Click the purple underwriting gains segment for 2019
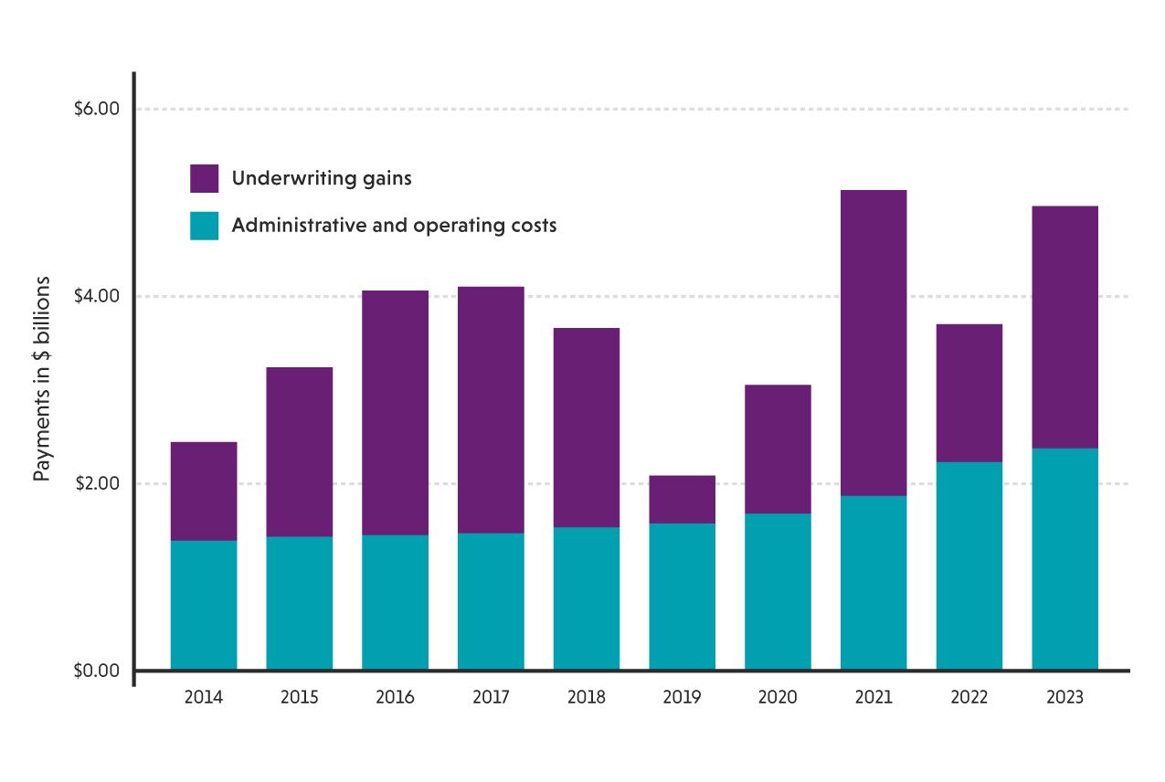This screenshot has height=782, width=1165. click(x=682, y=499)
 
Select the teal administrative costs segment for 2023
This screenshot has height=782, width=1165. click(x=1064, y=558)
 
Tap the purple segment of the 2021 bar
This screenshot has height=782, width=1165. click(x=874, y=343)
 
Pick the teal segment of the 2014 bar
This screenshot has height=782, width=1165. click(x=204, y=605)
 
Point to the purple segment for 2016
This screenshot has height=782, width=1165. click(x=395, y=412)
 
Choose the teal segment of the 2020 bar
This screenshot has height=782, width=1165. click(x=778, y=591)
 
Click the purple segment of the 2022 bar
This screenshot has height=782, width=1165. click(x=969, y=393)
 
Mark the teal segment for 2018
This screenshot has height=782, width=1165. click(x=586, y=598)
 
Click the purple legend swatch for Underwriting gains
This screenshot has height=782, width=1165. click(x=204, y=178)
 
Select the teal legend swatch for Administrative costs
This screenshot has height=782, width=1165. click(x=204, y=226)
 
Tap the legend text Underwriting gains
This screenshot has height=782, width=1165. click(x=322, y=178)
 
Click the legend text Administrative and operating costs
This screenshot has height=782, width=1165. click(x=394, y=226)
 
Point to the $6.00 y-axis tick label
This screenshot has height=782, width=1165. click(x=97, y=110)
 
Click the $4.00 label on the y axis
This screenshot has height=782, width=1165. click(x=97, y=297)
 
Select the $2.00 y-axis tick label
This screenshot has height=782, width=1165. click(x=97, y=483)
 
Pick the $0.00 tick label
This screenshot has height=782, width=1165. click(x=97, y=671)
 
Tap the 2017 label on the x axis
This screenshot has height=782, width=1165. click(x=491, y=698)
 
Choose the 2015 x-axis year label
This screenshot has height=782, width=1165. click(x=300, y=698)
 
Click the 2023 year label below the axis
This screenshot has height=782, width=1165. click(x=1064, y=698)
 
